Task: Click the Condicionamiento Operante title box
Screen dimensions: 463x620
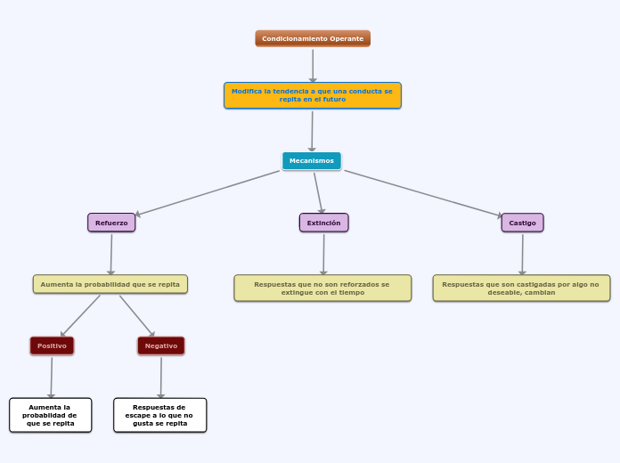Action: coord(313,38)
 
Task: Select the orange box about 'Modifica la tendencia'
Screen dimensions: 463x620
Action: coord(312,95)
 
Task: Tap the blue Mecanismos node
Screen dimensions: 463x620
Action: coord(312,160)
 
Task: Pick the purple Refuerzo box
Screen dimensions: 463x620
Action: coord(111,223)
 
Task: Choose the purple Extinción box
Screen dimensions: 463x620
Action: coord(323,223)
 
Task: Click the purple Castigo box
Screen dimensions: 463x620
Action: coord(522,223)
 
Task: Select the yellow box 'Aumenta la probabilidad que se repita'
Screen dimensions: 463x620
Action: coord(110,284)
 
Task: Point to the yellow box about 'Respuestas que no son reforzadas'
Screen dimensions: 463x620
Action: coord(322,288)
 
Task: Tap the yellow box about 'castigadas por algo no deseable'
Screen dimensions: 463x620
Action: coord(521,288)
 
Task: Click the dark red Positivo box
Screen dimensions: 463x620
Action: coord(52,345)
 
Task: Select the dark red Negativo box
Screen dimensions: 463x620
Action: coord(161,345)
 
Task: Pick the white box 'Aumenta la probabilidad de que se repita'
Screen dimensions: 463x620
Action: coord(51,415)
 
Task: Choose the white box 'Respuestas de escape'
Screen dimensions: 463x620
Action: coord(160,415)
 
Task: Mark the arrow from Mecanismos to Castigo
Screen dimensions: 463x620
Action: coord(423,193)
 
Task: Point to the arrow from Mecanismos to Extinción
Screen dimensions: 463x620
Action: coord(318,191)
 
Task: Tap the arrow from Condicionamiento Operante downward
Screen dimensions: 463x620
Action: coord(313,64)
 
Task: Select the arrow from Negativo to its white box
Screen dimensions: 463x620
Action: coord(161,377)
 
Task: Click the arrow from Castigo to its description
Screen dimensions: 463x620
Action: coord(522,254)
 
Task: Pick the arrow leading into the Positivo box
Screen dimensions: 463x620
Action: coord(80,315)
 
